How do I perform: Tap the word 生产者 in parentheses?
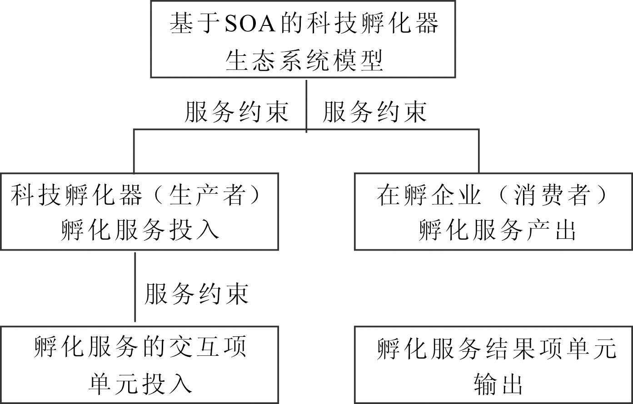pos(207,196)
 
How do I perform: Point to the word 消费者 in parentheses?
pos(552,196)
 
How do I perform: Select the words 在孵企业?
pos(429,196)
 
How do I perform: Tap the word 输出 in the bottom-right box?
pos(498,384)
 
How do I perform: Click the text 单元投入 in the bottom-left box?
pos(140,384)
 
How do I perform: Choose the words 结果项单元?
pos(551,349)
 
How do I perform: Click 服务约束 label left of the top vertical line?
pos(236,112)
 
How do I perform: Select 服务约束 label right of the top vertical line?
pos(375,112)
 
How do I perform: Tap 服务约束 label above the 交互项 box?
pos(196,294)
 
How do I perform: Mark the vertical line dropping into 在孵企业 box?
pos(478,151)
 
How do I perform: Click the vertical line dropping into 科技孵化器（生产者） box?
pos(134,151)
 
